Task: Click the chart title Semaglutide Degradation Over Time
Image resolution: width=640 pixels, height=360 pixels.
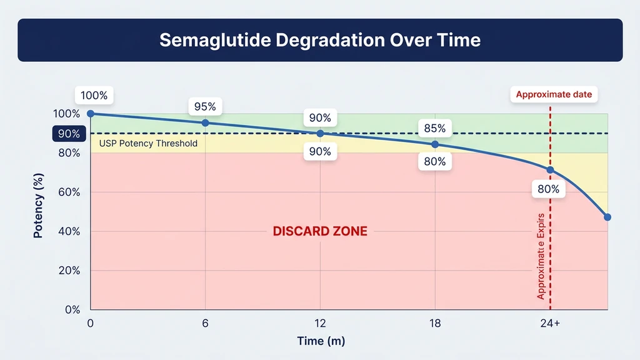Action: pos(320,40)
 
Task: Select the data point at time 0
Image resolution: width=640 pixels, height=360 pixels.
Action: pos(91,114)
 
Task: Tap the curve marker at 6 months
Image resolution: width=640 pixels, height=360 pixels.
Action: pos(205,123)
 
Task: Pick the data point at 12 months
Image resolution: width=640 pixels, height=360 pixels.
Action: pos(320,134)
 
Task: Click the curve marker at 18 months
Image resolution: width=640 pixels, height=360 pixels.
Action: pos(435,144)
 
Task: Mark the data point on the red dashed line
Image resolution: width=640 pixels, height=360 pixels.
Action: pos(550,170)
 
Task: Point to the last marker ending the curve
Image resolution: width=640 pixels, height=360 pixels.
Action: pos(607,217)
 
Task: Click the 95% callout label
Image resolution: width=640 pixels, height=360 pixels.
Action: pos(205,107)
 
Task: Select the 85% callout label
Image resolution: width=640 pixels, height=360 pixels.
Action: pos(434,129)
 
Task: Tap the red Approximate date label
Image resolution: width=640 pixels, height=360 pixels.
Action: pos(553,95)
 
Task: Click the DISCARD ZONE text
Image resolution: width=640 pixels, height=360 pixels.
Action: pos(320,231)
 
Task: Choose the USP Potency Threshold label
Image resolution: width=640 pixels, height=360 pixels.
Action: pos(148,144)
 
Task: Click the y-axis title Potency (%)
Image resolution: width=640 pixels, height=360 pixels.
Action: pos(39,211)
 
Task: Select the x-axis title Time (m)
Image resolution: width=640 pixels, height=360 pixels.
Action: pos(320,341)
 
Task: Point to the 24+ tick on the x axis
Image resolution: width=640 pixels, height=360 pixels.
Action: pos(550,323)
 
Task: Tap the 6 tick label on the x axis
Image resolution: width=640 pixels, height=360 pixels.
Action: pos(205,323)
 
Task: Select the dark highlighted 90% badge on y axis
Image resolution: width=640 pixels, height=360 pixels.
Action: pos(69,134)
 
